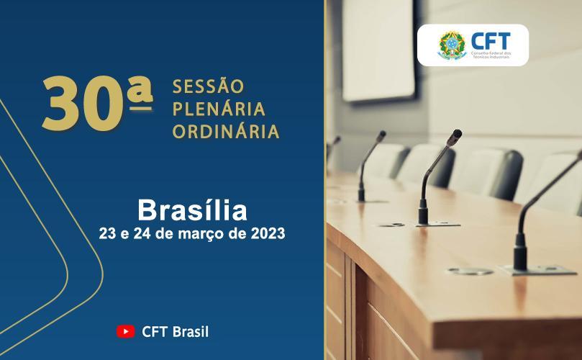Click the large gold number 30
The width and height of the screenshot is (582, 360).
tap(83, 104)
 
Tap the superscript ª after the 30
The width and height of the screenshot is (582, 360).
tap(140, 94)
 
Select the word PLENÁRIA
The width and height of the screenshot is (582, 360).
tap(219, 109)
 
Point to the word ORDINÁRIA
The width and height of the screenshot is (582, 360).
tap(226, 131)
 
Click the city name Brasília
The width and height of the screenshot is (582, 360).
tap(192, 210)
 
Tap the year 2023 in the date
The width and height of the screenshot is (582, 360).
tap(268, 234)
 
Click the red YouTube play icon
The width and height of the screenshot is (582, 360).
tap(125, 331)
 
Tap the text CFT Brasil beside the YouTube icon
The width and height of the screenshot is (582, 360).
tap(176, 332)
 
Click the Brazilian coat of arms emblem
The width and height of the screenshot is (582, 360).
tap(452, 45)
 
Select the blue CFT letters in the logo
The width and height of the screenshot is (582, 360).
tap(491, 41)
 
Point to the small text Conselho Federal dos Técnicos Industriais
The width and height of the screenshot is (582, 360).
tap(491, 55)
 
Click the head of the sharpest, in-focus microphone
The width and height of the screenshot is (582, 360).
tap(455, 137)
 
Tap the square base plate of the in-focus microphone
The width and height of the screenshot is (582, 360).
tap(438, 224)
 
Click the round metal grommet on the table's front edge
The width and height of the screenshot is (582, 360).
tap(470, 271)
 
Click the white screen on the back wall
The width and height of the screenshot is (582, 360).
tap(378, 50)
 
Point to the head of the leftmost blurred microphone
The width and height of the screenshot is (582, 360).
tap(337, 141)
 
